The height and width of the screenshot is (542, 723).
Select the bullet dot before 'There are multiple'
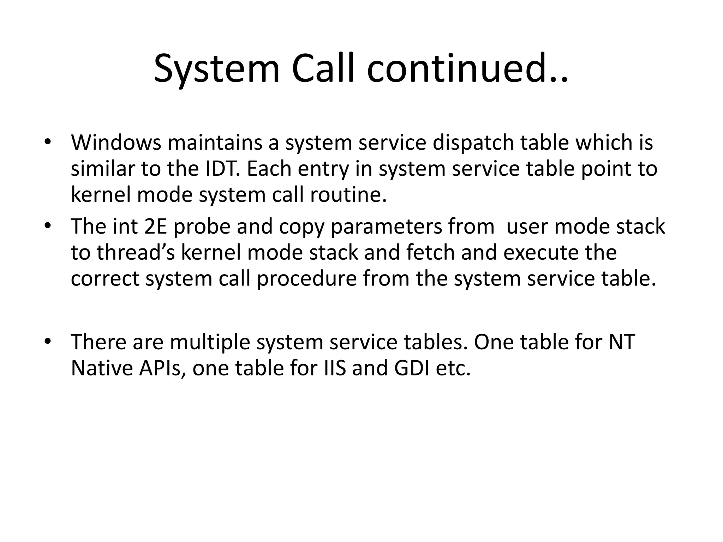click(48, 342)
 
